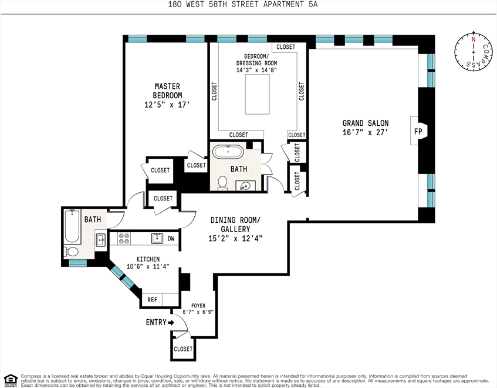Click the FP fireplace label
point(418,131)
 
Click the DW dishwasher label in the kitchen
point(171,239)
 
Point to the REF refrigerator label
point(152,300)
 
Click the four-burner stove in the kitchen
point(124,239)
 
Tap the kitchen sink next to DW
point(157,238)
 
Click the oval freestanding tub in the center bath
point(228,152)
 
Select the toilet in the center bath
point(222,183)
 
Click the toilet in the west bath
point(72,252)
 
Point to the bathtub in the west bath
point(72,226)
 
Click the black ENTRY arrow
point(171,323)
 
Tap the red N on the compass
point(474,40)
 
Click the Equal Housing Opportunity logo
point(10,379)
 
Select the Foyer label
point(198,306)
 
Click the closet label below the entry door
point(183,349)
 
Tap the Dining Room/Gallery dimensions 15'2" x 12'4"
point(235,238)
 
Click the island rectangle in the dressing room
point(258,94)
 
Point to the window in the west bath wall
point(77,263)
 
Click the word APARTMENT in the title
point(283,5)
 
